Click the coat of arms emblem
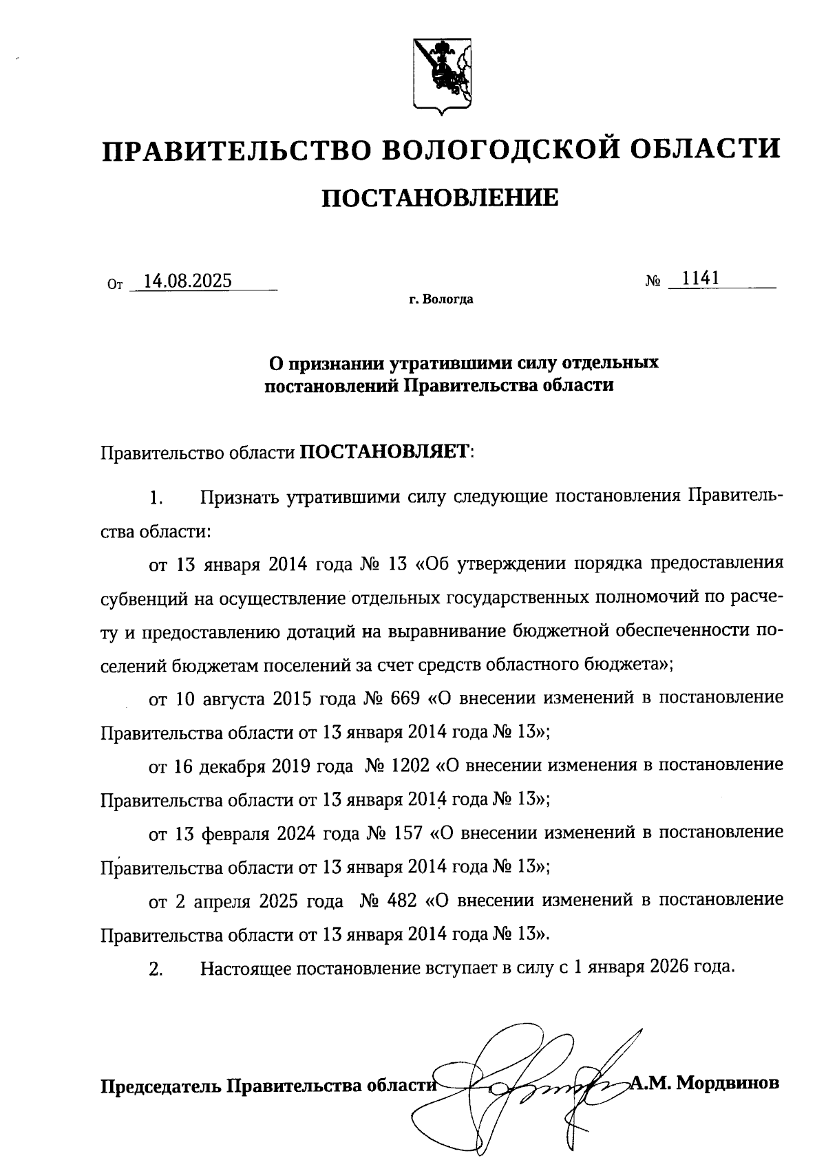pos(442,74)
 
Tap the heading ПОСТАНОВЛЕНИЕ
pos(441,199)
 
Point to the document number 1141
pos(700,278)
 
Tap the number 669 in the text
pos(405,698)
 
